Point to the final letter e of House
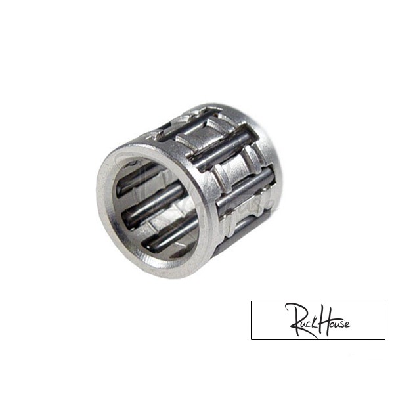click(347, 324)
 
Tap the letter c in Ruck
click(307, 325)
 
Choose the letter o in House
click(329, 324)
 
